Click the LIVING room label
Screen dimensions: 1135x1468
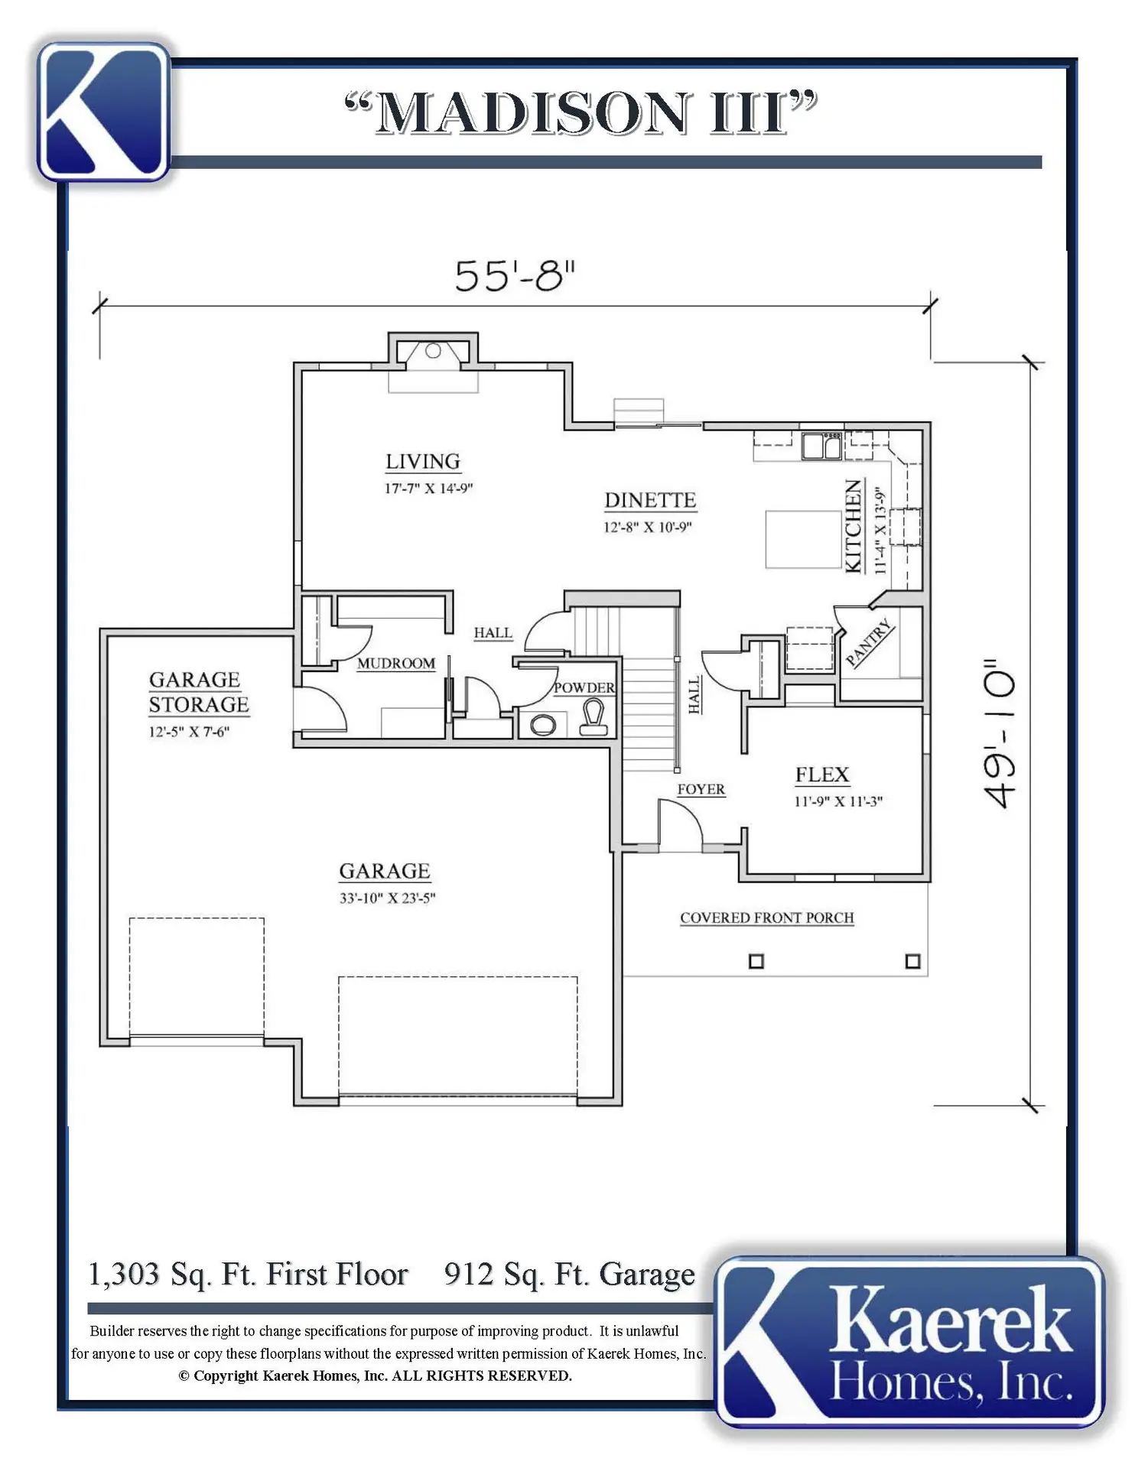422,462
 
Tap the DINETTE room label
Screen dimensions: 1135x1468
650,500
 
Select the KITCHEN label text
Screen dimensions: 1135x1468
854,526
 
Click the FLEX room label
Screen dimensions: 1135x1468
822,775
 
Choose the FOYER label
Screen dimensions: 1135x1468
701,789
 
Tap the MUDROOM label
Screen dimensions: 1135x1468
396,664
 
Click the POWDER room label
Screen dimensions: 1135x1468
584,687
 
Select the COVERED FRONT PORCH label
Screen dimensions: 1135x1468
767,917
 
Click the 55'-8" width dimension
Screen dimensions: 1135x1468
515,276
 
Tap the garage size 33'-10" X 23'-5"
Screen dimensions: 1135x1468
388,898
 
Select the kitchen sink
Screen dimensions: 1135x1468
821,445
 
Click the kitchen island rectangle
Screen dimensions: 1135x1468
803,539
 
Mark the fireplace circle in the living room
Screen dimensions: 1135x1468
433,351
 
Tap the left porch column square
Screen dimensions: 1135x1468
756,961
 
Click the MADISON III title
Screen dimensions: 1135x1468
581,112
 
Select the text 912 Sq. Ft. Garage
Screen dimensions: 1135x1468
570,1275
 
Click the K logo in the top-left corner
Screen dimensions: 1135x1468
103,112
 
